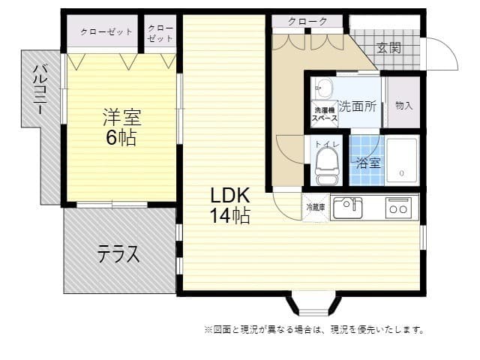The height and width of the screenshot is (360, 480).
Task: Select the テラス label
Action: [x=118, y=254]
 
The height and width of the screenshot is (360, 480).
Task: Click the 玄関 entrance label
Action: [x=388, y=49]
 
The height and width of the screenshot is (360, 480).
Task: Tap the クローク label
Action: [x=307, y=22]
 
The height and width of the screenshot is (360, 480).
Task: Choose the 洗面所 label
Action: [x=357, y=106]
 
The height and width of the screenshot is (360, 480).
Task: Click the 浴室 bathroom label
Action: [x=367, y=162]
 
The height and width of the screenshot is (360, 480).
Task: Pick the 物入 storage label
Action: [x=403, y=106]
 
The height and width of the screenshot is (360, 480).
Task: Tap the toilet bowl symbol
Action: [x=327, y=163]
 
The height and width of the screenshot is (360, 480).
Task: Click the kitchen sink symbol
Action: [x=347, y=206]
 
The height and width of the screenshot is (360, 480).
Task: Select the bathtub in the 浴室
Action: [x=402, y=160]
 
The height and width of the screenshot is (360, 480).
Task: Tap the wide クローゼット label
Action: [x=106, y=32]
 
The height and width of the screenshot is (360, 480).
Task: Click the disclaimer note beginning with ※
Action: [x=313, y=329]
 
